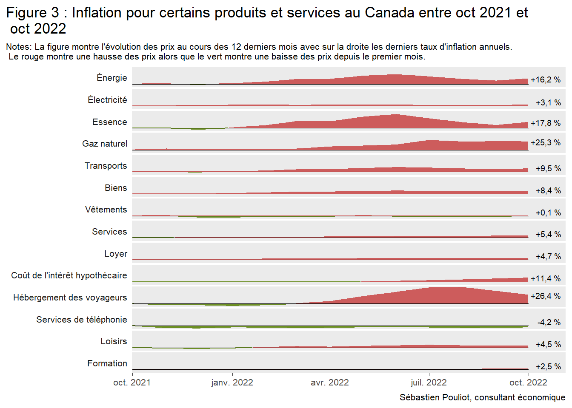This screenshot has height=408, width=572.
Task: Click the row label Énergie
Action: (112, 78)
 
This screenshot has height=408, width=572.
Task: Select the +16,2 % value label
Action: (546, 80)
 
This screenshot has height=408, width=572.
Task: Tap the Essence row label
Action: (109, 122)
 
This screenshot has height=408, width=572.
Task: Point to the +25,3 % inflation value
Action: (546, 143)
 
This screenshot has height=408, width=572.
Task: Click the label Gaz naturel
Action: (104, 144)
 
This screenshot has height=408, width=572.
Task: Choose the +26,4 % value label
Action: (546, 296)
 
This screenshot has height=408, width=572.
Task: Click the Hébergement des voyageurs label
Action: (70, 297)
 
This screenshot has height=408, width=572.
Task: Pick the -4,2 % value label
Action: (549, 323)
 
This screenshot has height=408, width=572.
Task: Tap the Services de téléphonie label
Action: (81, 320)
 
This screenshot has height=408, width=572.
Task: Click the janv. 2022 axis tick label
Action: (232, 382)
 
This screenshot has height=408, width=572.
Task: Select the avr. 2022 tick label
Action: (330, 382)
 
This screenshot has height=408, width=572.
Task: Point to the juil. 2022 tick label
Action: (429, 382)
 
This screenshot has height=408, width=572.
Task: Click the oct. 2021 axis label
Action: (132, 382)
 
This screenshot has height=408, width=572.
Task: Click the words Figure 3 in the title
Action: (33, 13)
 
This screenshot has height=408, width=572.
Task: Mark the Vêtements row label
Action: (106, 210)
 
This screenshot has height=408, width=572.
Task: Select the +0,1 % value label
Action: (548, 213)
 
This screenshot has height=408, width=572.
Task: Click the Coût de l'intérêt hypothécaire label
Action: (69, 275)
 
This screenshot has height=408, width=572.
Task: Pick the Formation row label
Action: (107, 363)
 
